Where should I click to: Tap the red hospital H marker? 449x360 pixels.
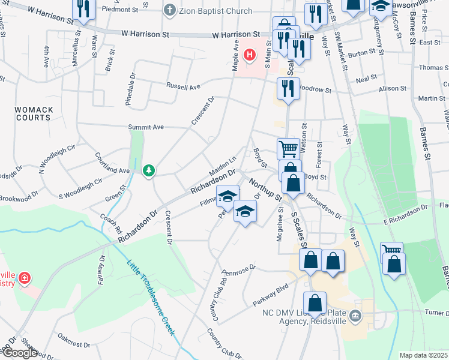[250, 56]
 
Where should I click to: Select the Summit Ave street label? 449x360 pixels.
[146, 127]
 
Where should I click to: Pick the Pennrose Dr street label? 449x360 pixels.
[238, 267]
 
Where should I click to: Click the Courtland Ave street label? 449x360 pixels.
[112, 163]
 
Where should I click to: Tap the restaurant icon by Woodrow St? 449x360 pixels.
[286, 88]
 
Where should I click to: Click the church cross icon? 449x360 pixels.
[170, 10]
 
